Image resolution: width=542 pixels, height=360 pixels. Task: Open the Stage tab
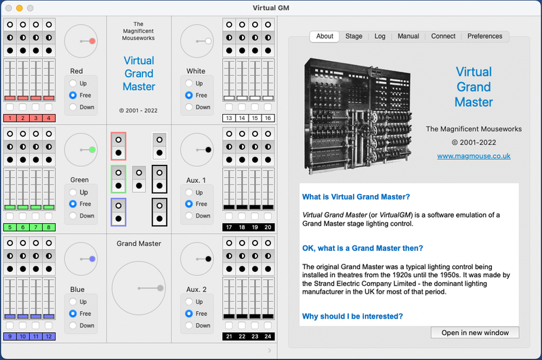[x=354, y=36]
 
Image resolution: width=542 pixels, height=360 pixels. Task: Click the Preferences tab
[x=484, y=36]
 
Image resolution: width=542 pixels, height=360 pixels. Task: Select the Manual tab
[x=409, y=36]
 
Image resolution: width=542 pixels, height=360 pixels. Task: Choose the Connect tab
[x=443, y=36]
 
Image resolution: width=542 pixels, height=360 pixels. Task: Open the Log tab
[x=379, y=36]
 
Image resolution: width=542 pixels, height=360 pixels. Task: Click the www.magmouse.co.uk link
[x=474, y=156]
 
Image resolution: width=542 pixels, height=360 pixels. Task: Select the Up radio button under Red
[x=73, y=83]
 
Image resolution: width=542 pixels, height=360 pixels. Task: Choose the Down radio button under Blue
[x=73, y=325]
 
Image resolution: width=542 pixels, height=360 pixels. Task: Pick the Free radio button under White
[x=189, y=95]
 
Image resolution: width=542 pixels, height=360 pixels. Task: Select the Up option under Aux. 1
[x=189, y=193]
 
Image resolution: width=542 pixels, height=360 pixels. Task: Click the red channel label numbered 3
[x=36, y=118]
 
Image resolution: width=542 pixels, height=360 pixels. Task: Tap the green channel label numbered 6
[x=23, y=227]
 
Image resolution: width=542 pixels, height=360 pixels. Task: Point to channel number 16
[x=268, y=118]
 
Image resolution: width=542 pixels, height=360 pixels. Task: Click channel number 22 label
[x=242, y=336]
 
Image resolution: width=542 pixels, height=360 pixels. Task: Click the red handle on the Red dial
[x=92, y=41]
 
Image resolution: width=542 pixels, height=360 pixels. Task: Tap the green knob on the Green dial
[x=92, y=150]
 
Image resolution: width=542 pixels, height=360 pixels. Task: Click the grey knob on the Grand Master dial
[x=160, y=288]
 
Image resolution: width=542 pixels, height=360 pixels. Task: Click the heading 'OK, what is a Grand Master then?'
[x=362, y=248]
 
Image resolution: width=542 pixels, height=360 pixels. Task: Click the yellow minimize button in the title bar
[x=20, y=8]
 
